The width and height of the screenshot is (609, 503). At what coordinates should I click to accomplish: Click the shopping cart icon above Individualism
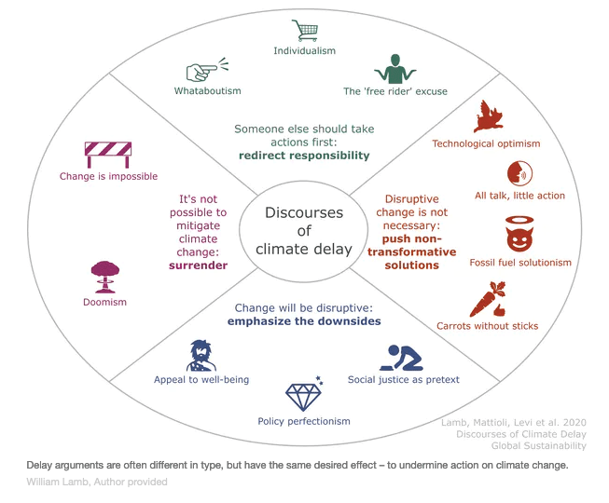tap(304, 30)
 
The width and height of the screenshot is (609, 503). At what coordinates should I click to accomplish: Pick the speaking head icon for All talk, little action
tap(519, 173)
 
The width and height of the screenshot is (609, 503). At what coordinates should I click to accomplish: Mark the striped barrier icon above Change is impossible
tap(108, 153)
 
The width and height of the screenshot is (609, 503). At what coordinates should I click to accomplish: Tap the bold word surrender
tap(199, 264)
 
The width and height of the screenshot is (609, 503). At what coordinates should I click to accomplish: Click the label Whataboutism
tap(207, 90)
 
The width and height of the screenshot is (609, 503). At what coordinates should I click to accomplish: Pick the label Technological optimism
tap(486, 143)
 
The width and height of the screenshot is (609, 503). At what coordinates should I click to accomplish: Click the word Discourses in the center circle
tap(304, 212)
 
